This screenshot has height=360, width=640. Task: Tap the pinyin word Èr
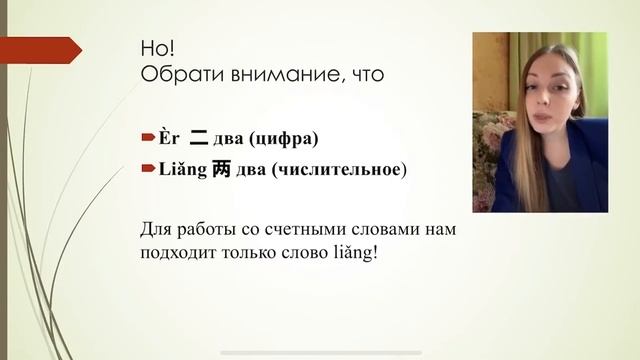click(163, 134)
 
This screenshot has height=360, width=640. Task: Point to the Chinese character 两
click(222, 169)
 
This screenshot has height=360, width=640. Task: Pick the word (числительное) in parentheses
click(338, 170)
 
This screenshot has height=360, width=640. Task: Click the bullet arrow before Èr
click(146, 134)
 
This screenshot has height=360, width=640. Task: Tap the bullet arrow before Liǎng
click(146, 170)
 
